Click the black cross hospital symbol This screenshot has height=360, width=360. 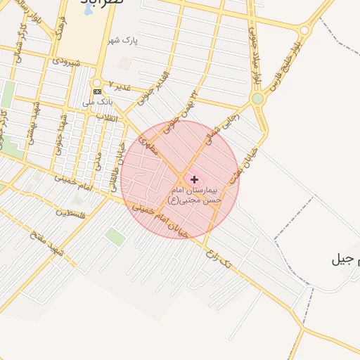click(x=195, y=180)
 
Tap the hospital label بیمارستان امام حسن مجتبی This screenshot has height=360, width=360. click(x=195, y=195)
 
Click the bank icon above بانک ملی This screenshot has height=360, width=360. click(x=97, y=91)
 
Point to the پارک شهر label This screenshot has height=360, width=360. click(x=124, y=41)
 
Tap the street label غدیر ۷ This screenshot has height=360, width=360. click(x=117, y=88)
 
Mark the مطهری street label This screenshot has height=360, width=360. click(x=150, y=146)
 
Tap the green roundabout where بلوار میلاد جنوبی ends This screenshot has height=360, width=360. click(x=258, y=98)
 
